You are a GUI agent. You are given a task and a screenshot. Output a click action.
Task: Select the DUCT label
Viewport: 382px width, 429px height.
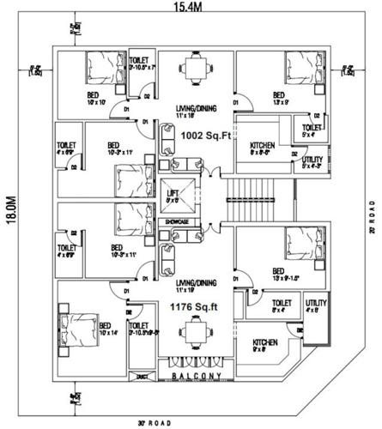click(142, 375)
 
